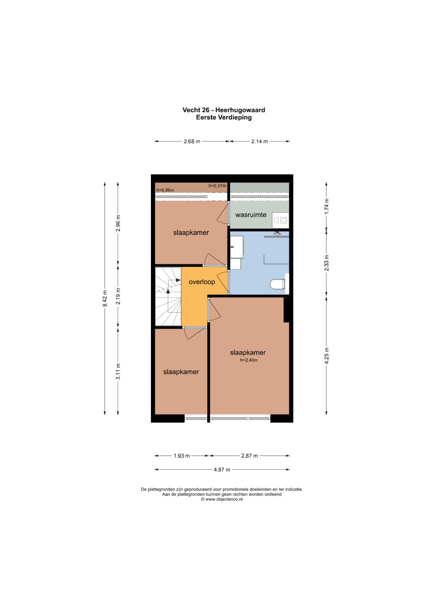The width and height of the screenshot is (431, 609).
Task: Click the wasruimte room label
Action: [x=251, y=215]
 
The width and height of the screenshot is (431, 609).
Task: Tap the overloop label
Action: [x=202, y=282]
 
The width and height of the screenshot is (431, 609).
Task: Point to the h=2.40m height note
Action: [x=248, y=360]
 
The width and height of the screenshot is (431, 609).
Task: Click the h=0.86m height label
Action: [x=165, y=190]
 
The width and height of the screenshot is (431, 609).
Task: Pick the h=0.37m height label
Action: [x=217, y=186]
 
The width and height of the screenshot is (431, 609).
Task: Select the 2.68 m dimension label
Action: [x=192, y=141]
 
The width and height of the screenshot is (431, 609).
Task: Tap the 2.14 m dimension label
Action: [x=259, y=141]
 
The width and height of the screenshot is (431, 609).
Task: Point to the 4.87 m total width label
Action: [x=222, y=469]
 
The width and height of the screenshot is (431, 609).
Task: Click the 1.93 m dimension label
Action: [x=182, y=456]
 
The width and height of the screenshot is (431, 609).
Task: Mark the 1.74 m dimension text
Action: [x=326, y=206]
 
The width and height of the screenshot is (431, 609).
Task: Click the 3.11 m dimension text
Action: [x=118, y=371]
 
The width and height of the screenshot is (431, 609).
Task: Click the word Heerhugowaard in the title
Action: [x=240, y=110]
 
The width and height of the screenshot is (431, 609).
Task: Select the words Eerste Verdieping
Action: [x=223, y=117]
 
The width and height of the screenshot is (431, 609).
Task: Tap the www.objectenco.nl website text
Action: [x=223, y=499]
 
